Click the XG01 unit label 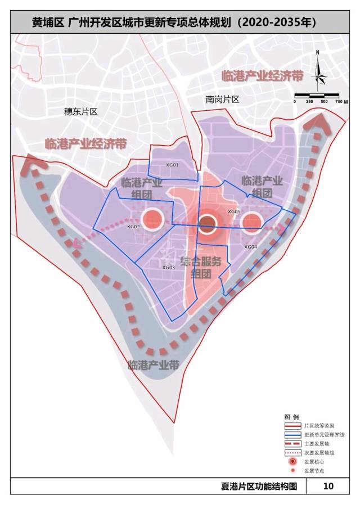172,165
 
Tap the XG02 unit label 133,227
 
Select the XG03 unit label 169,268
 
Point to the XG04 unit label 251,247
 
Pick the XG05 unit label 234,211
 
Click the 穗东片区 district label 81,111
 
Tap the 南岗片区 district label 223,100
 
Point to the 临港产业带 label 154,365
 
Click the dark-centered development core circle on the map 207,224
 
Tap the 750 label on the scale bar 339,101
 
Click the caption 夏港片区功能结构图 259,487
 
